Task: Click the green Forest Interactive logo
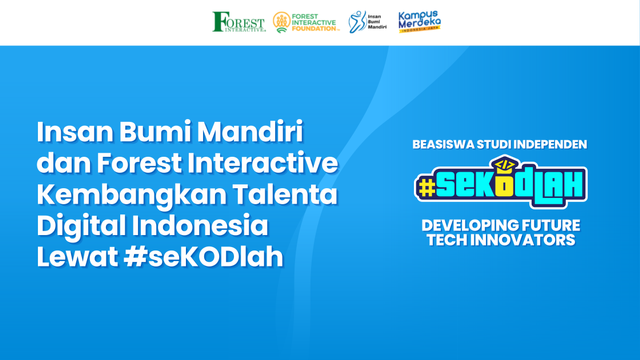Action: [239, 22]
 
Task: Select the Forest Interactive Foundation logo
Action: [307, 22]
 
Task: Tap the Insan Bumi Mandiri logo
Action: [368, 22]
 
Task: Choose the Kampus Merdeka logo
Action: [419, 21]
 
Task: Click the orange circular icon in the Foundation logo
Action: [282, 22]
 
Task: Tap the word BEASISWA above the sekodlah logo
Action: [444, 144]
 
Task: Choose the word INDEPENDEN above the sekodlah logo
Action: [549, 144]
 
